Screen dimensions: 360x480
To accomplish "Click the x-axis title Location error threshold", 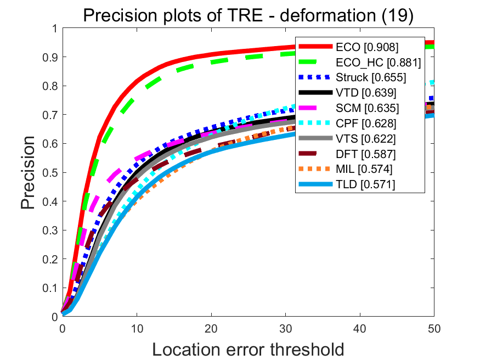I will click(x=248, y=349).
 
